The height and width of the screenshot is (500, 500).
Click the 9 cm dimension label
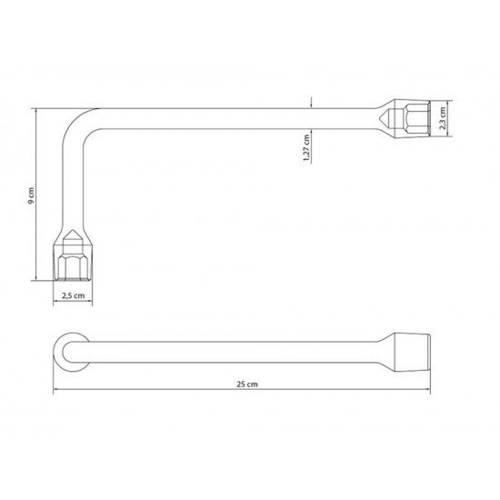point(31,195)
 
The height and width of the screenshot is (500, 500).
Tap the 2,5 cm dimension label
point(74,295)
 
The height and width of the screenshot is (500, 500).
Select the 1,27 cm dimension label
point(306,147)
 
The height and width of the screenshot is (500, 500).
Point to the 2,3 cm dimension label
point(443,118)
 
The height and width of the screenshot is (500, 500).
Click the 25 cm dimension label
point(247,384)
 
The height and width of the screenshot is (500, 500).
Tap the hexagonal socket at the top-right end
point(411,118)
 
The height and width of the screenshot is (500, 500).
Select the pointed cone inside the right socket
point(388,118)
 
